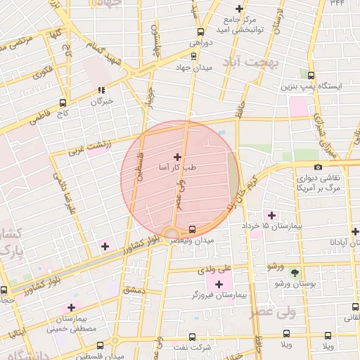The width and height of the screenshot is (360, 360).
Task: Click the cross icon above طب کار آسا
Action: (x=176, y=157)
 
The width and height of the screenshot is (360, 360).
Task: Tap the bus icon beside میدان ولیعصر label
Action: (x=193, y=229)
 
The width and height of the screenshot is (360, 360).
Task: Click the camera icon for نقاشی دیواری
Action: (x=318, y=167)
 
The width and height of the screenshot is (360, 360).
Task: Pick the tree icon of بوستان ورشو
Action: (x=294, y=272)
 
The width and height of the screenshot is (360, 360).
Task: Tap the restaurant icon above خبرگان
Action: (x=101, y=90)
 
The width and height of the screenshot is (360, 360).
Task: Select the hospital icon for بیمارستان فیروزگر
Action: (x=219, y=284)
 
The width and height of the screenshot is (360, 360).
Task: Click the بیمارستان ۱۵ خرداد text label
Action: (x=265, y=226)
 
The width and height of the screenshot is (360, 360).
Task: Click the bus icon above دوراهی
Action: (x=201, y=32)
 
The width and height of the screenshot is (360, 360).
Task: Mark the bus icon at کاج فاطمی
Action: (x=63, y=102)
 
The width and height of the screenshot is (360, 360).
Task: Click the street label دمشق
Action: (x=134, y=289)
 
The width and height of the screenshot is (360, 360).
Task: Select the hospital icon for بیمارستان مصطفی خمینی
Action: (x=71, y=307)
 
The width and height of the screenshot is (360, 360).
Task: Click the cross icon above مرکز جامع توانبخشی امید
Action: (x=240, y=9)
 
